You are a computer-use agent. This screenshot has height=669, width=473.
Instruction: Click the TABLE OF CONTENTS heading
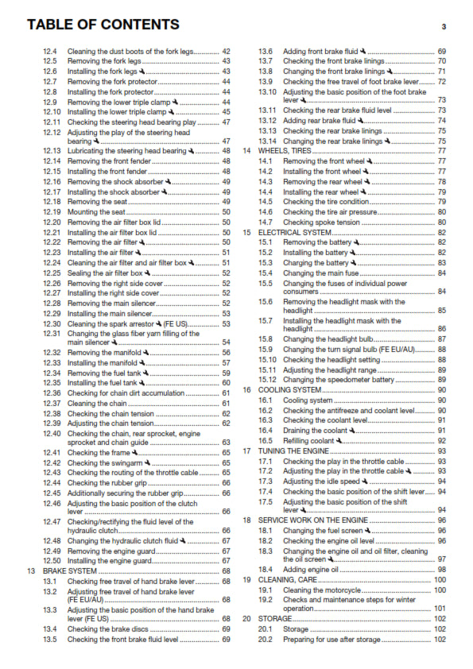coord(103,25)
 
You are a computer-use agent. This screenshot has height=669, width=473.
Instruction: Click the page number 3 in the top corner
coord(444,26)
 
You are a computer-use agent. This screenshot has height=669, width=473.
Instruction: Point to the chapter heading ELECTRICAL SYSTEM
coord(294,232)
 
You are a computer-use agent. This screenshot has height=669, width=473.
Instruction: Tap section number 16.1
coord(266,400)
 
